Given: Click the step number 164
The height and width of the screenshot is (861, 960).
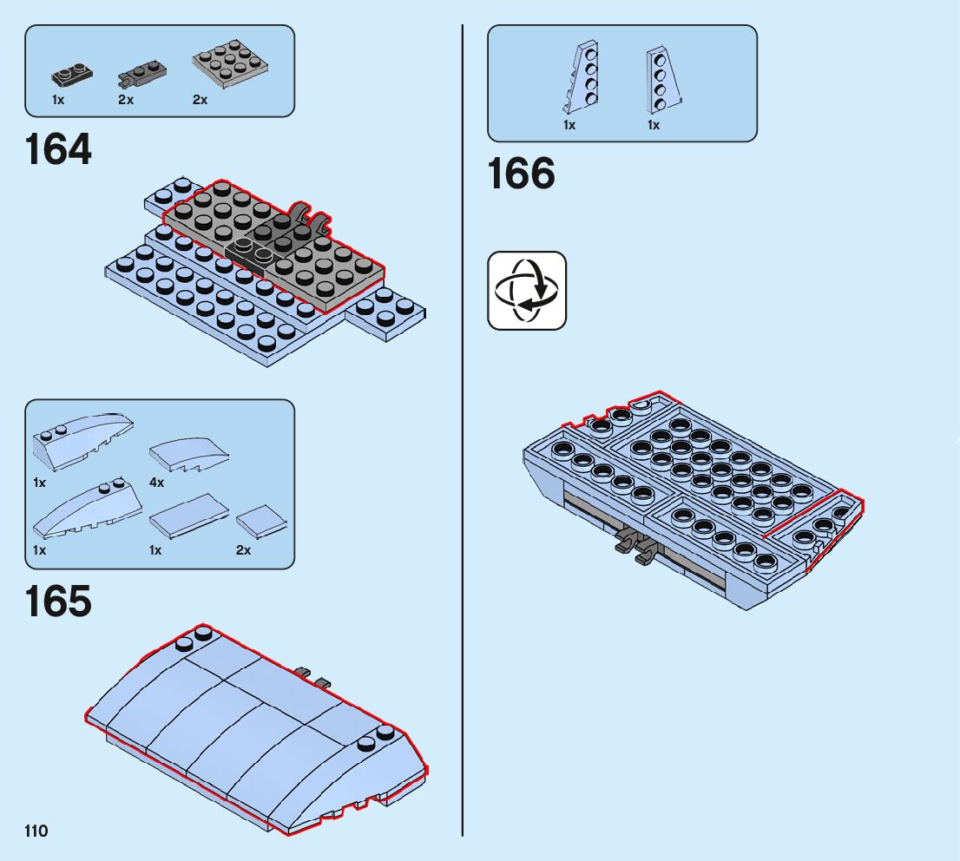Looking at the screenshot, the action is click(58, 149).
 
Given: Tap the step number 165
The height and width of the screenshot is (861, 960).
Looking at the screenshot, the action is click(58, 601).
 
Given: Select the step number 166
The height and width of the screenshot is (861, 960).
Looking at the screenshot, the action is click(521, 174).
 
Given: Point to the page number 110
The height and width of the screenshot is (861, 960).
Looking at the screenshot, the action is click(36, 831).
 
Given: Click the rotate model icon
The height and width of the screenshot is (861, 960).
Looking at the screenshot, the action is click(527, 291).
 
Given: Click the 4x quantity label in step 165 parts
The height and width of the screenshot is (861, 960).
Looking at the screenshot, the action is click(156, 483).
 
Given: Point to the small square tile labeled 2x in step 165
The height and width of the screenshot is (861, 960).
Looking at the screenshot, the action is click(260, 523).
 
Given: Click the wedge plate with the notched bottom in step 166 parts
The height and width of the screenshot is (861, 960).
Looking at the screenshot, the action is click(581, 78).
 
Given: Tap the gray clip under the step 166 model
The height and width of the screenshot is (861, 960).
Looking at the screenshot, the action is click(635, 547).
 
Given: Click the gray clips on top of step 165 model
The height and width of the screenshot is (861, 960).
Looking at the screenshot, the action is click(312, 676).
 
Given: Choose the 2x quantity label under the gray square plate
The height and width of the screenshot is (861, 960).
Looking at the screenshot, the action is click(200, 100).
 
